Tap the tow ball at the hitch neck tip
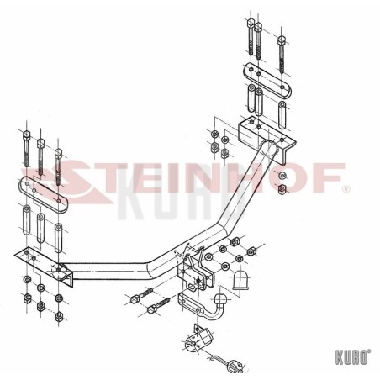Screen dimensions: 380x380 221,300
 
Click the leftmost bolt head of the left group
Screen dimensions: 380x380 26,135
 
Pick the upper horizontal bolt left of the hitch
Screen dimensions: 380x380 141,296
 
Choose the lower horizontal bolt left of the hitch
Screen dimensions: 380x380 158,305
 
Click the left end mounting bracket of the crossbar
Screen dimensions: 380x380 45,267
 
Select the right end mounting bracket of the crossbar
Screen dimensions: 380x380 267,138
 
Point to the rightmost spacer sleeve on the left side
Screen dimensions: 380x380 59,237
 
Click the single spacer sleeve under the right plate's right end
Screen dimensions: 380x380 282,115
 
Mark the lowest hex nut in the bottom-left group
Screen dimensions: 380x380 59,316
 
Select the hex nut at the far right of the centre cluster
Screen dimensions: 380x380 251,251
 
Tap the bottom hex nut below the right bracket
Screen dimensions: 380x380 282,188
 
